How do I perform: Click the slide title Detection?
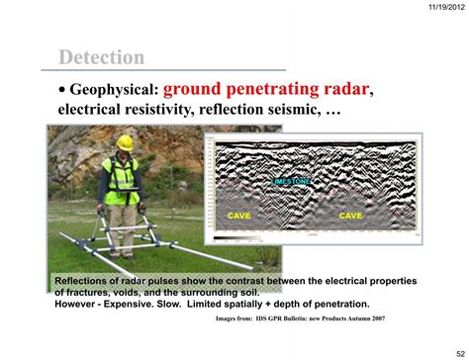(101, 56)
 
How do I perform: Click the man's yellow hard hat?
(124, 142)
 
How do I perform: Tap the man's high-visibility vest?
(122, 178)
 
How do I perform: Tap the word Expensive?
(129, 304)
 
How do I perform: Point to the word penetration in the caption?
(335, 304)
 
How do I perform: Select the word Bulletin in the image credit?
(287, 319)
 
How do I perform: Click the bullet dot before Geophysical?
(61, 91)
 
